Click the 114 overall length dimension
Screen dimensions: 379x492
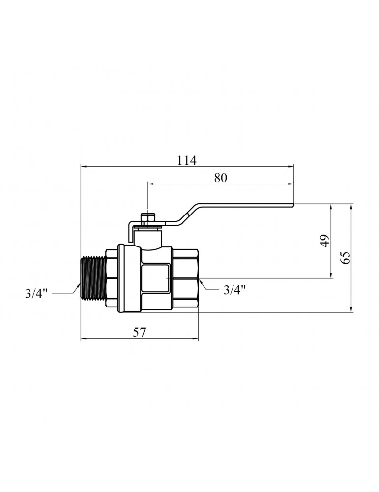tap(187, 160)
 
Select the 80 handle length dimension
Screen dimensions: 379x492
tap(220, 178)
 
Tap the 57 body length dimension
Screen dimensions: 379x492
tap(139, 332)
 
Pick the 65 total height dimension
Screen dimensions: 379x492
tap(345, 258)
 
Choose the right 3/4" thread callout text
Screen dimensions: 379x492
tap(234, 290)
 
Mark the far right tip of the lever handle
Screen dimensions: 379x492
tap(294, 205)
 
